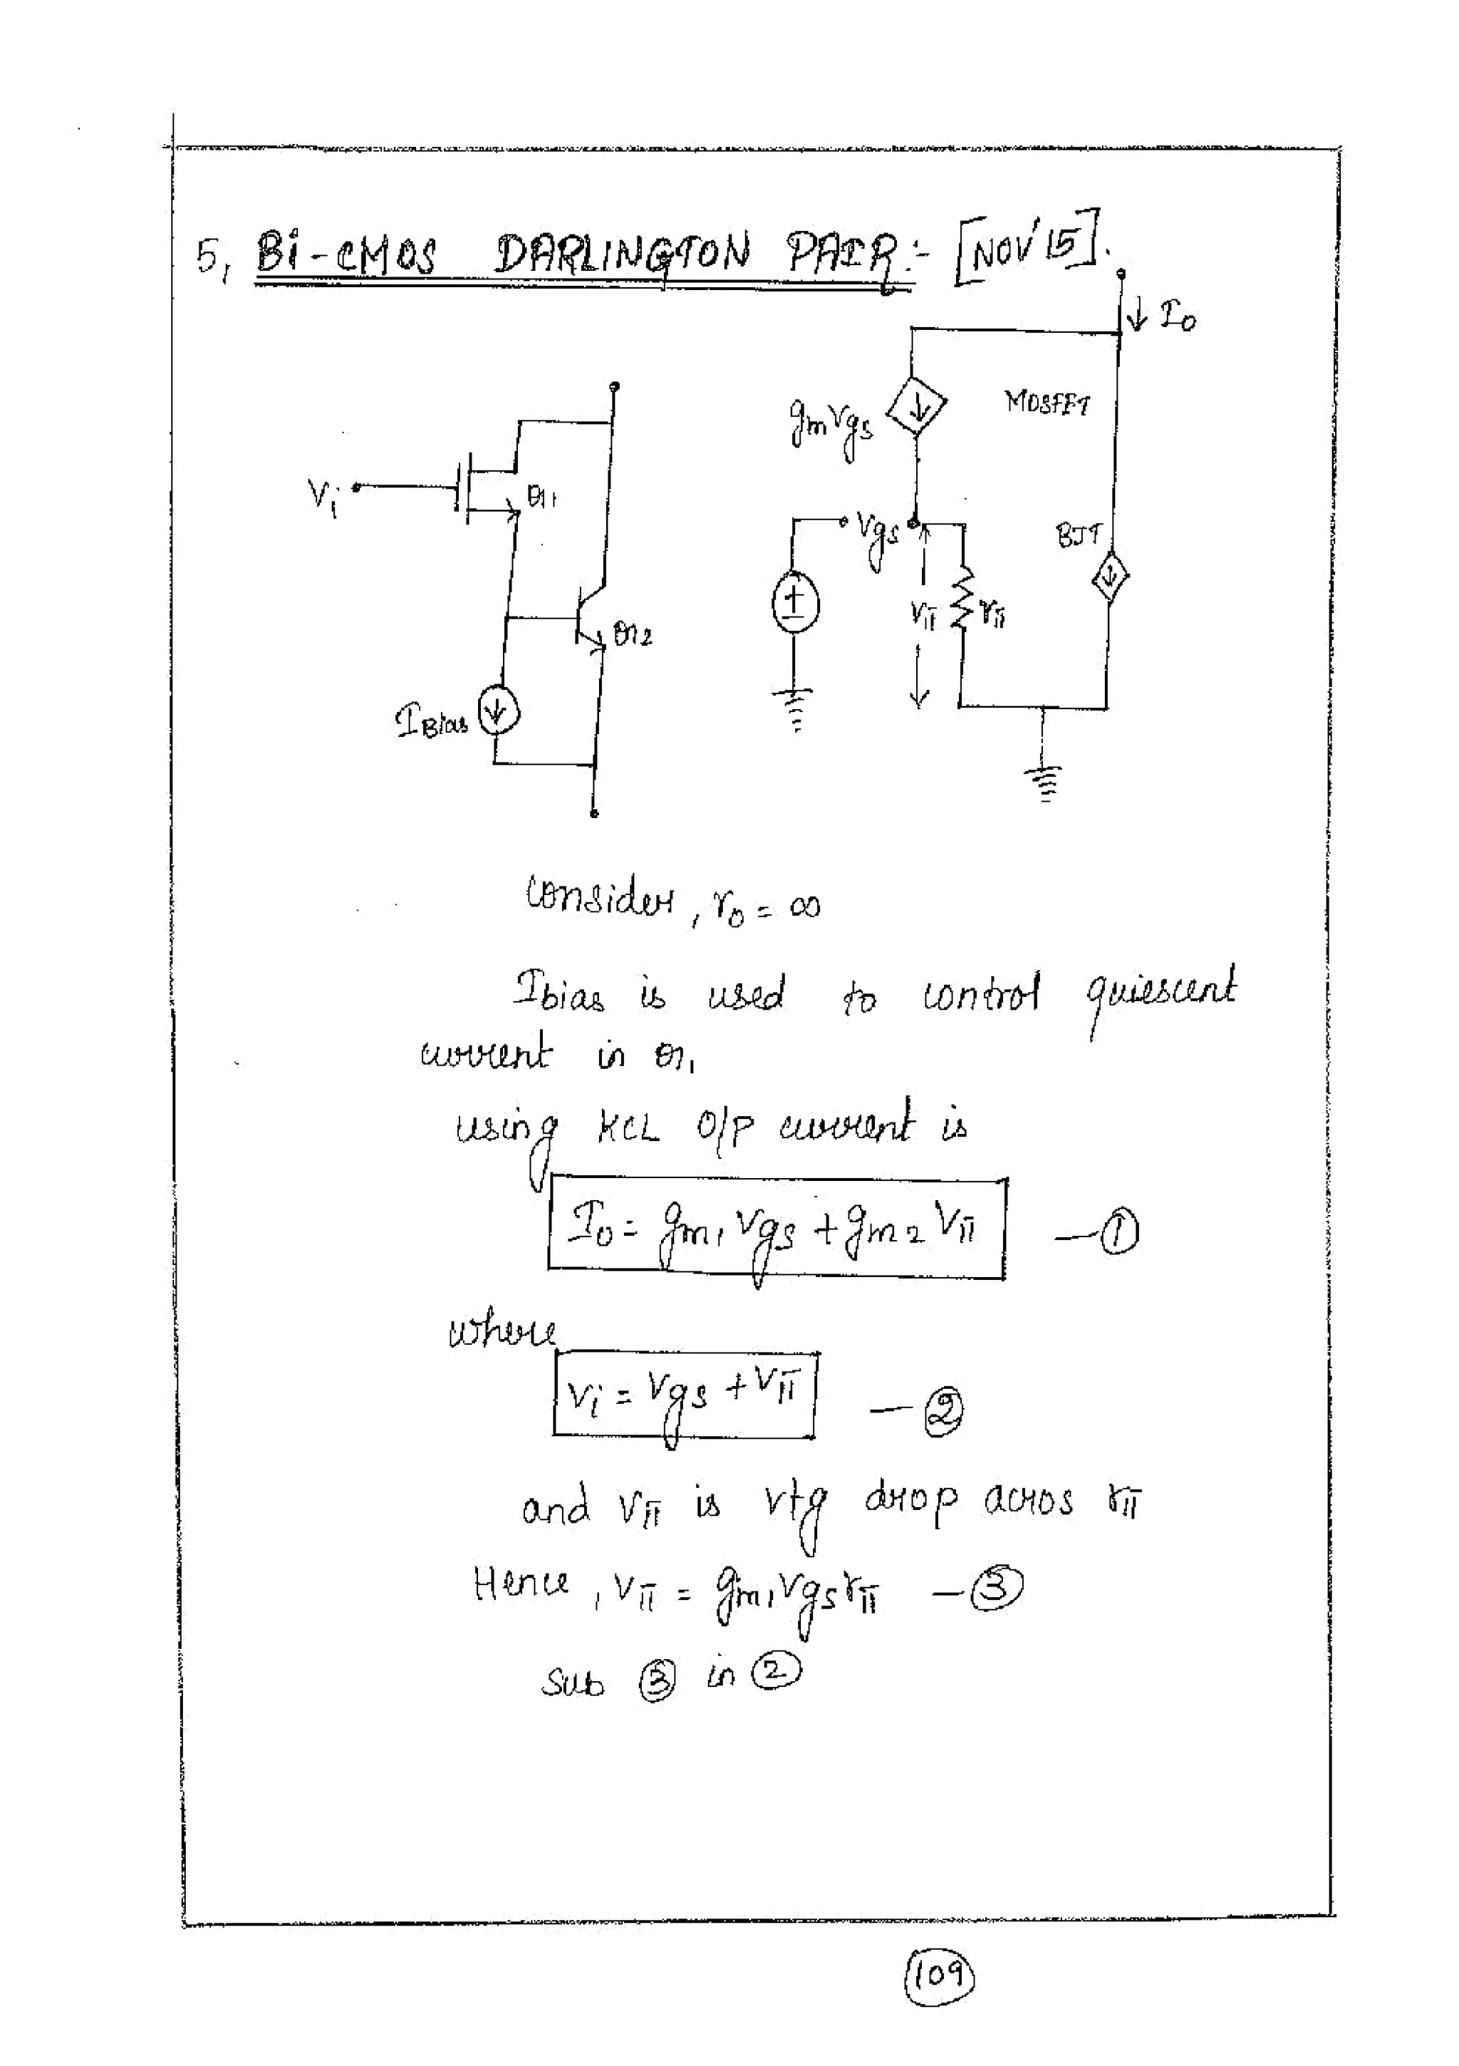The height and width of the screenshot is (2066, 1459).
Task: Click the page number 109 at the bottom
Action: click(x=938, y=1973)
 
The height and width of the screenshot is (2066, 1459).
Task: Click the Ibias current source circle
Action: click(x=499, y=713)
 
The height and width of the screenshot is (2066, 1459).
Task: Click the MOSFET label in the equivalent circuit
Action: click(x=1046, y=401)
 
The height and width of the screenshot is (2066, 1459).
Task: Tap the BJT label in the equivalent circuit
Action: click(x=1078, y=537)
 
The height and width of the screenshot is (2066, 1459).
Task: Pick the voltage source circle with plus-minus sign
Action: click(x=794, y=602)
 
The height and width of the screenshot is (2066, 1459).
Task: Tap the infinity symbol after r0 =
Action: click(x=804, y=906)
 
